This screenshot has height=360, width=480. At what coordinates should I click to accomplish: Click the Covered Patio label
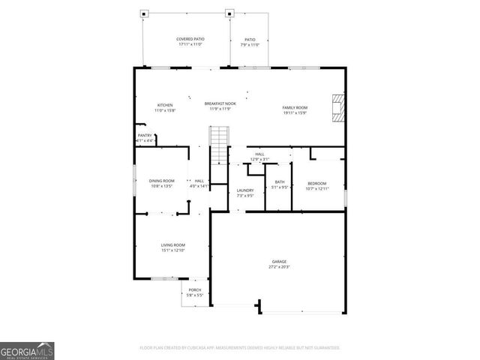coord(190,39)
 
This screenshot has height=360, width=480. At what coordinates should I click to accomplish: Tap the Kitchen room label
coord(165,105)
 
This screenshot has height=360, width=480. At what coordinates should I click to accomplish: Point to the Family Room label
coord(295,107)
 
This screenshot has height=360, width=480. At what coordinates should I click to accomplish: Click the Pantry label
coord(145,136)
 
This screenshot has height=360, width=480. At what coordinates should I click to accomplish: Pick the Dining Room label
coord(161,181)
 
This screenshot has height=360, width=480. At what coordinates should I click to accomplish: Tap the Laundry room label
coord(245,190)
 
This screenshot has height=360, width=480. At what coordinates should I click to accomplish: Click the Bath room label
coord(280,182)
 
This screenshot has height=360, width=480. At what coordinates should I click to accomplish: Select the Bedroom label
coord(317,183)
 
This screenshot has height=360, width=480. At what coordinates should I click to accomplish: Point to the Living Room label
coord(172,245)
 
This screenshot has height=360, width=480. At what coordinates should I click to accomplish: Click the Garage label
coord(279,262)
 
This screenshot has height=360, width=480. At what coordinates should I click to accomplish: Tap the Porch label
coord(195,290)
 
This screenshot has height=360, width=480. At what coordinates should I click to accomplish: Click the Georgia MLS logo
coord(27,350)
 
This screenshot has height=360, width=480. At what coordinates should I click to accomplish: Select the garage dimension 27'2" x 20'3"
coord(279,267)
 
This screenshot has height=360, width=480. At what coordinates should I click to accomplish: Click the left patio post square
coord(145,13)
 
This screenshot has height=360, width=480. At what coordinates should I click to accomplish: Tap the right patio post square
coord(229,13)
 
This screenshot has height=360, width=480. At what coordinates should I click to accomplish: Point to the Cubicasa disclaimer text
coord(240,348)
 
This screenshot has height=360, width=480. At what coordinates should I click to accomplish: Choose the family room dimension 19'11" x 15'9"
coord(295,113)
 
